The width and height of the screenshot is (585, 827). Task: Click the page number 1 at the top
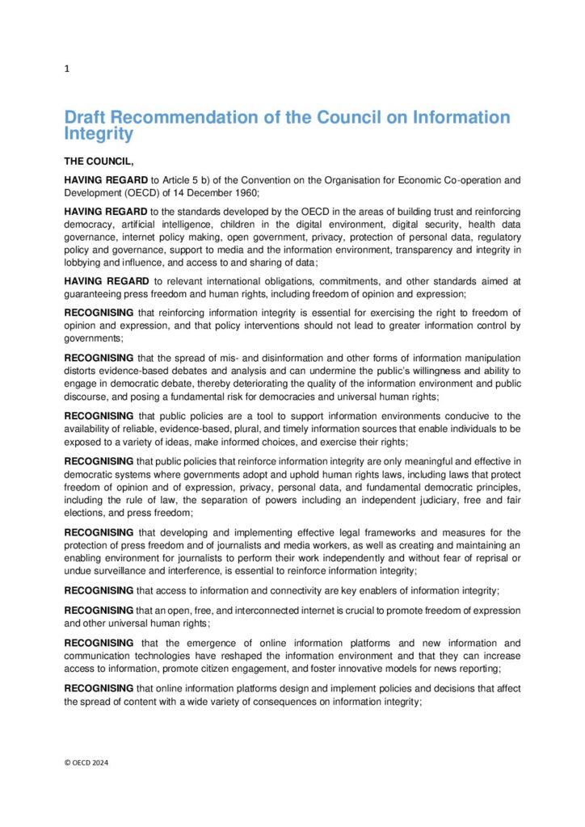click(x=67, y=69)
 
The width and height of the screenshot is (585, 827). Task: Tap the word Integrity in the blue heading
click(x=99, y=133)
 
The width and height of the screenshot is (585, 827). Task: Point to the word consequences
click(x=290, y=702)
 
